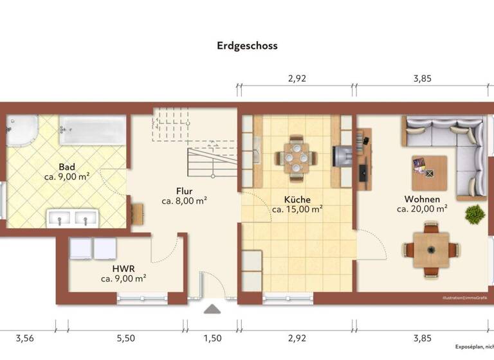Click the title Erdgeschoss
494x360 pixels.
pos(247,46)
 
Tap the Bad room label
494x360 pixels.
pos(66,165)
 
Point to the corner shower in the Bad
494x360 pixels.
pos(21,131)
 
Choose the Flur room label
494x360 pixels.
pos(184,190)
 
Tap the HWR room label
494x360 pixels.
pos(123,268)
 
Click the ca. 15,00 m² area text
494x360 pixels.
pos(297,209)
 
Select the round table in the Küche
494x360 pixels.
pos(297,156)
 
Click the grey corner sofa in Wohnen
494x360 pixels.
pos(450,145)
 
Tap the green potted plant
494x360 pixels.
pos(475,213)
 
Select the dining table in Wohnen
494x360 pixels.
pos(432,249)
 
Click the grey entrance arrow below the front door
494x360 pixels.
pos(211,310)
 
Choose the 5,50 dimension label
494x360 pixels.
pos(125,338)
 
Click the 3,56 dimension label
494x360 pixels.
pos(25,338)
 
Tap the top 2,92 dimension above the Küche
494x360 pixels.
pos(297,79)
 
